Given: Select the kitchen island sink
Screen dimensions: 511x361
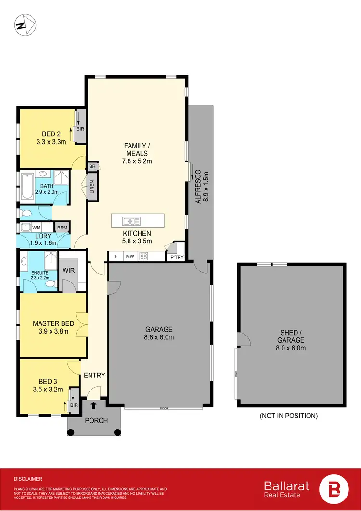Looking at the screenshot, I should point(128,221).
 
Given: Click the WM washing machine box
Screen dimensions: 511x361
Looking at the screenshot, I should point(36,227).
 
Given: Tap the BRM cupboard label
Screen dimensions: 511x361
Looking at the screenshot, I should point(63,228).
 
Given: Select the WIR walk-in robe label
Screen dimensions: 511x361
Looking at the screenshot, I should point(69,270).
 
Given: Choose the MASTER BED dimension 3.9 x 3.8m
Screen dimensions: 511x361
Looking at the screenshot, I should point(52,331).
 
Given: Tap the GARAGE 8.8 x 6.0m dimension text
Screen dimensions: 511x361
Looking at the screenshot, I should point(159,337).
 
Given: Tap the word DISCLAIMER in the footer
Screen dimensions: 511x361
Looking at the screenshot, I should point(28,479).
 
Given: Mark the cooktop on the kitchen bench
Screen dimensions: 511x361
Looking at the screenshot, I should point(143,257).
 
